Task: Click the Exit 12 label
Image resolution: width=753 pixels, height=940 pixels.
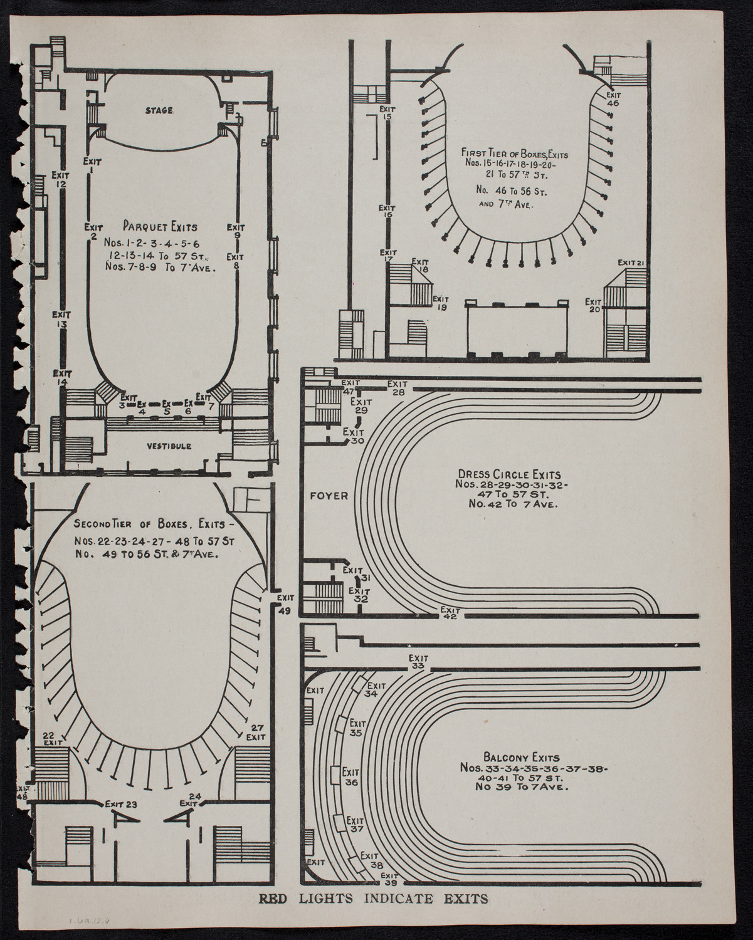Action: [61, 179]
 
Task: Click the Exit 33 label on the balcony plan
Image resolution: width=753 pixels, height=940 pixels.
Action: [418, 662]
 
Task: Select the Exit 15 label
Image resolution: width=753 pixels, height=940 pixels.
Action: [387, 113]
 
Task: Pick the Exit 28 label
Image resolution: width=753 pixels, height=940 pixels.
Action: [398, 388]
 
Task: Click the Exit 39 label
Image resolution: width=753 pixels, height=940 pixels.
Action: [389, 879]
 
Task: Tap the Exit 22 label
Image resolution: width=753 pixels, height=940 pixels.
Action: [52, 738]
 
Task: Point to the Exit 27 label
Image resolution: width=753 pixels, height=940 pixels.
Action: [256, 732]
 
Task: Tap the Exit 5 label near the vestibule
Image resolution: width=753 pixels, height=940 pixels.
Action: [167, 407]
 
